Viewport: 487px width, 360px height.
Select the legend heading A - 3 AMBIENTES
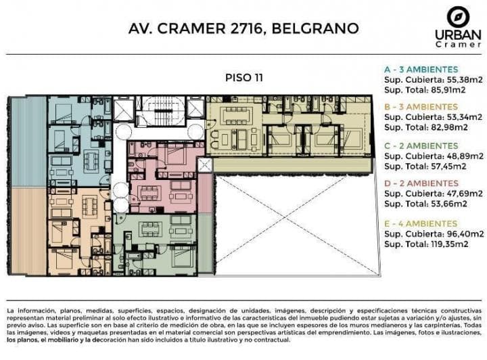tap(421, 70)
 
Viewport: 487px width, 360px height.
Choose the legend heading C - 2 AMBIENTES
tap(421, 145)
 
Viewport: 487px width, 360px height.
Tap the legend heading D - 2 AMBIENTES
tap(421, 183)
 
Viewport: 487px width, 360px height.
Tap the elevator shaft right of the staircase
tap(195, 108)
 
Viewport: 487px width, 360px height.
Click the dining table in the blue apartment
tap(91, 160)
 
